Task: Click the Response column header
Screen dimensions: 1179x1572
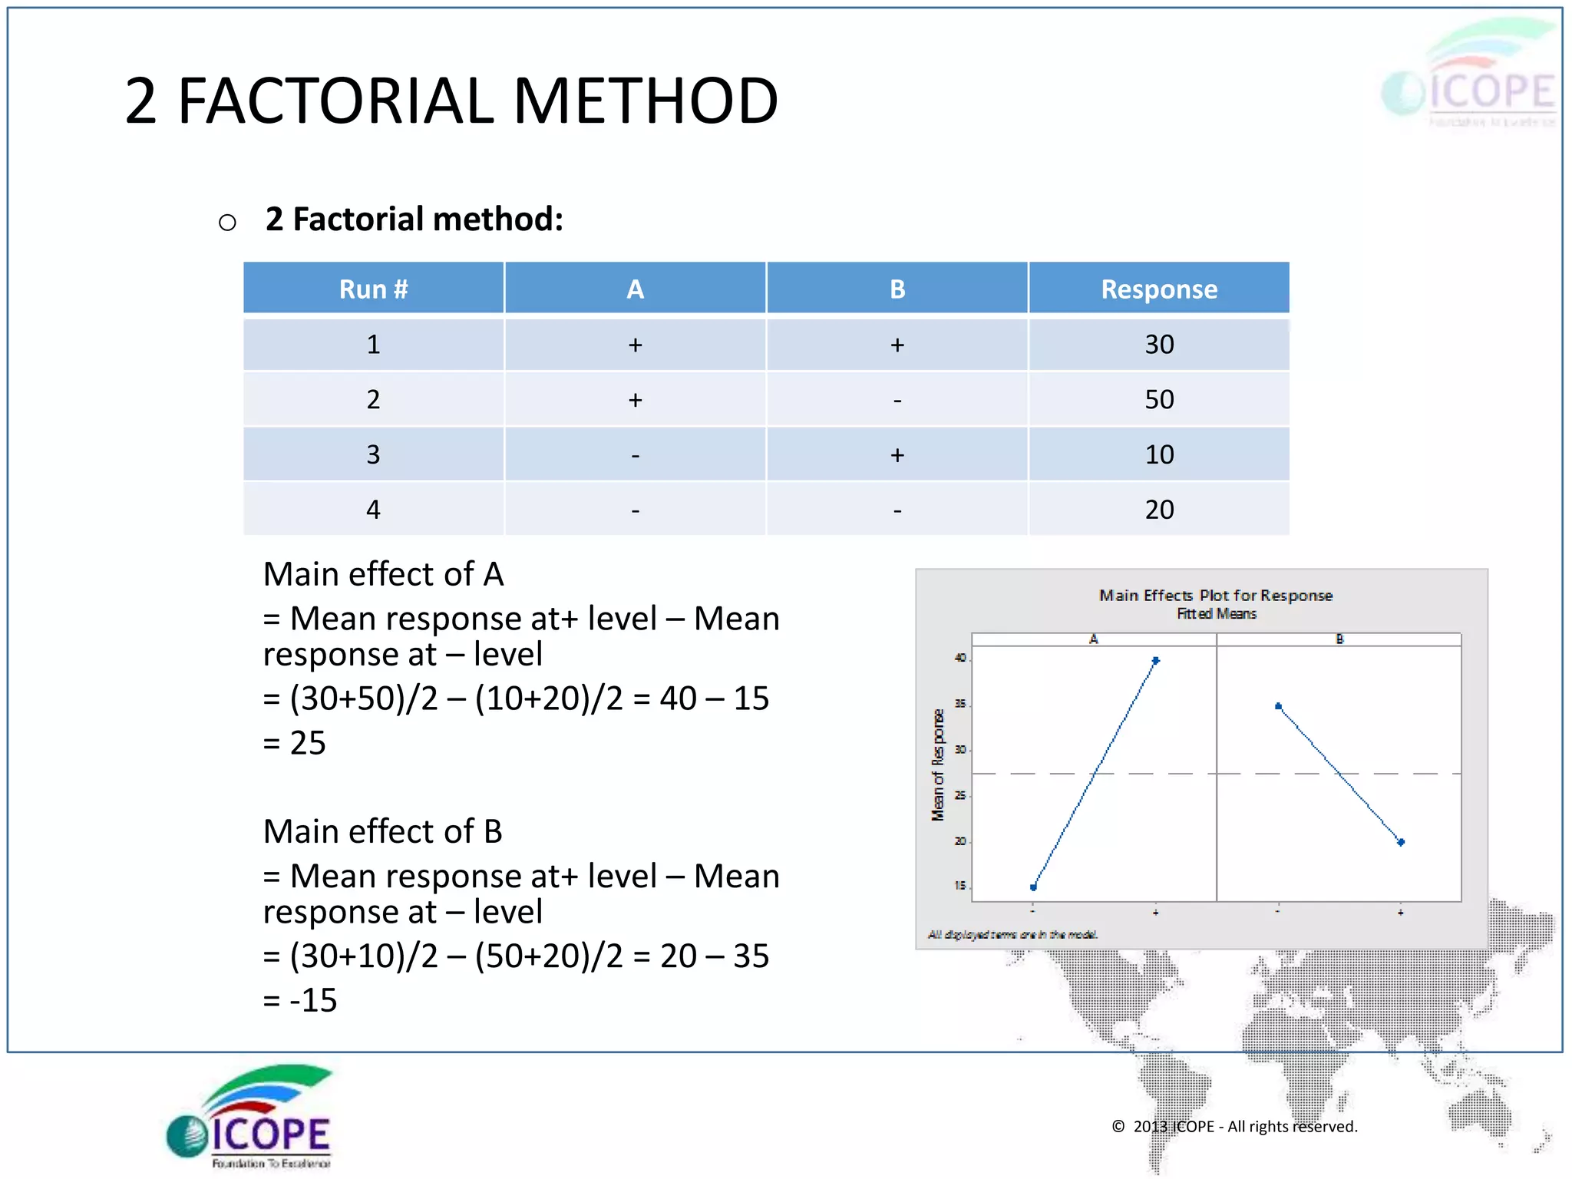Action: click(1158, 289)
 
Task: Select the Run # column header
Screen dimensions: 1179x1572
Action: click(373, 289)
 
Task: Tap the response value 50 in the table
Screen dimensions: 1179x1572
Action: click(1158, 399)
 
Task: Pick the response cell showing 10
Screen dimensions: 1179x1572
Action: click(1158, 454)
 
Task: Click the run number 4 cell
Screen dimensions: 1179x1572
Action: click(373, 510)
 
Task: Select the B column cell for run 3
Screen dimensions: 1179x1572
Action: click(897, 454)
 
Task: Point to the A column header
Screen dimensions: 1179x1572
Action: click(635, 289)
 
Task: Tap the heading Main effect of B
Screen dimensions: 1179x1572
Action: click(382, 831)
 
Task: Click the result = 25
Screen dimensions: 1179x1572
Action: click(295, 743)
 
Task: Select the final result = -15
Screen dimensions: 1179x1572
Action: click(300, 1000)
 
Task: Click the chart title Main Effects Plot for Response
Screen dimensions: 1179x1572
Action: click(1216, 596)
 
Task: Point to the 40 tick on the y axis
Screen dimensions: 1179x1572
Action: click(960, 658)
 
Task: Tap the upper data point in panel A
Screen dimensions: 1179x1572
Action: click(1155, 660)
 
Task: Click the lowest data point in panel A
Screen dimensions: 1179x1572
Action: click(1033, 887)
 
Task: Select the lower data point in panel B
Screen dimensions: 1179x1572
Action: click(1401, 842)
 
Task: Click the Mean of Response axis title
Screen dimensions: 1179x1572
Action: click(937, 765)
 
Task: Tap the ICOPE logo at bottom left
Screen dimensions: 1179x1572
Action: click(249, 1118)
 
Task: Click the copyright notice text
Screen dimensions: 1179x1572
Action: click(1235, 1126)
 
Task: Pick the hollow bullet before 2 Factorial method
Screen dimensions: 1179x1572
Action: click(227, 223)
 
